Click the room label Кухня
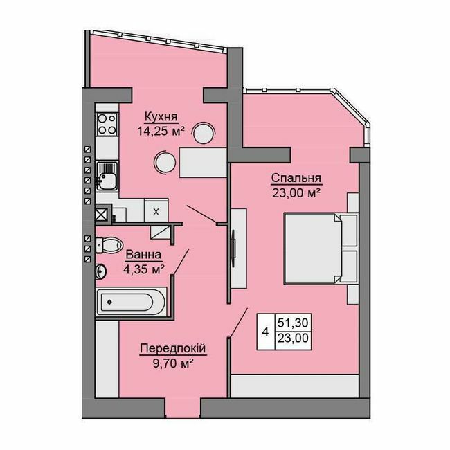pyautogui.click(x=159, y=116)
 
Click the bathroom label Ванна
pyautogui.click(x=143, y=255)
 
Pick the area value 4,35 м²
pyautogui.click(x=143, y=269)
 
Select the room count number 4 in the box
pyautogui.click(x=266, y=331)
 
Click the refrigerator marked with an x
pyautogui.click(x=155, y=211)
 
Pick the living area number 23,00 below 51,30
pyautogui.click(x=294, y=339)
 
